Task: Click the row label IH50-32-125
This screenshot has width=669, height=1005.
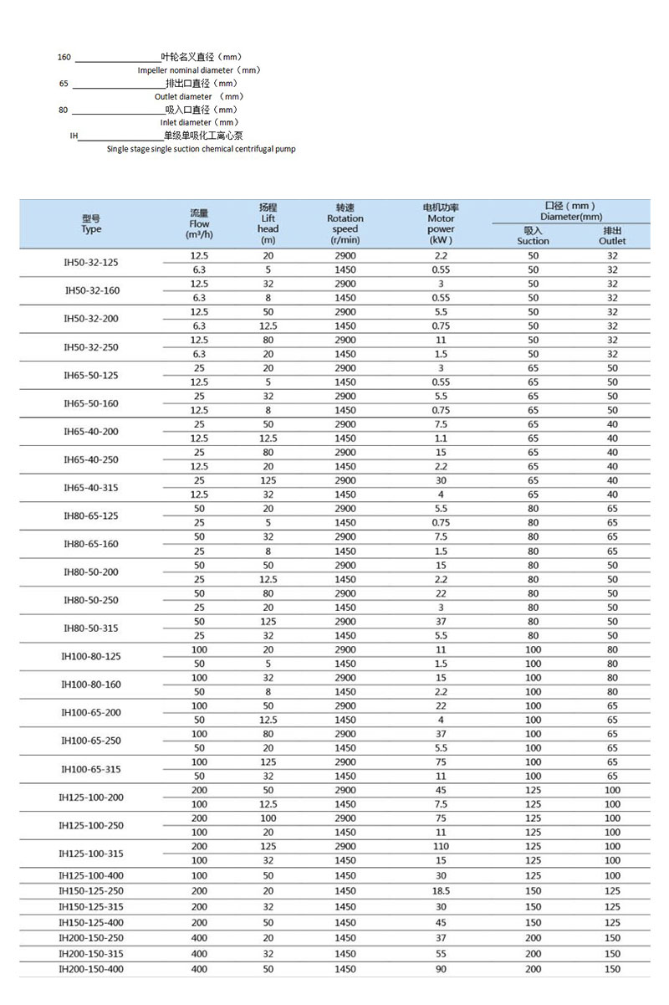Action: click(x=91, y=263)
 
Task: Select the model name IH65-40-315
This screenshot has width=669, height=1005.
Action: click(x=91, y=487)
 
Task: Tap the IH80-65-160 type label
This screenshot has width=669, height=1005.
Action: click(x=91, y=544)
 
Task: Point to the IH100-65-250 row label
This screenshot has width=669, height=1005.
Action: click(x=91, y=741)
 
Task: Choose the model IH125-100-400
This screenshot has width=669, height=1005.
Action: click(x=91, y=875)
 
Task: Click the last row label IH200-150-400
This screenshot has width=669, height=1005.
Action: click(x=91, y=969)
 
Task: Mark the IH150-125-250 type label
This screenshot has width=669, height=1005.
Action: click(x=91, y=891)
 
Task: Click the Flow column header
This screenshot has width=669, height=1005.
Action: click(x=199, y=224)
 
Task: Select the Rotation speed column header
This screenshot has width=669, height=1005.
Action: click(x=345, y=223)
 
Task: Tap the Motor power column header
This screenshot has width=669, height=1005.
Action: click(x=441, y=223)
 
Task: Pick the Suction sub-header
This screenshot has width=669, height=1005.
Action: click(x=533, y=236)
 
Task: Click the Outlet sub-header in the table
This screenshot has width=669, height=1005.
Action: click(x=612, y=236)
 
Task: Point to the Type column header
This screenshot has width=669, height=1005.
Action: click(x=91, y=224)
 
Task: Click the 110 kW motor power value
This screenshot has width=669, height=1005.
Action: click(x=441, y=847)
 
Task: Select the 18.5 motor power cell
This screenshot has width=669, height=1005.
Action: click(x=441, y=891)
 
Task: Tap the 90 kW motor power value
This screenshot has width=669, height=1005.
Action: click(x=441, y=969)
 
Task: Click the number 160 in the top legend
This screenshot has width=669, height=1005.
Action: click(x=64, y=58)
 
